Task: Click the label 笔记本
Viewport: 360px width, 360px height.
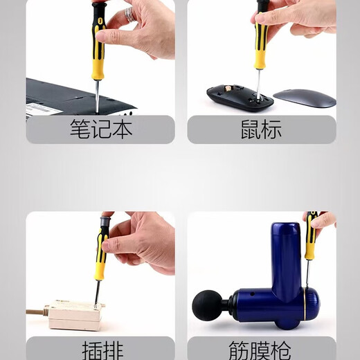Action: pos(100,129)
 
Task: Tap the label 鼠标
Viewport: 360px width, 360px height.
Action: pos(262,129)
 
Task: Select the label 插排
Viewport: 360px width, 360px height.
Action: pos(100,348)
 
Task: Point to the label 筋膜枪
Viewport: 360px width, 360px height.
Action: pos(262,348)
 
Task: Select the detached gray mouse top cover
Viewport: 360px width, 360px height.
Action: pos(304,98)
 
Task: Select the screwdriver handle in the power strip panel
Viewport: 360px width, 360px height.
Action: pos(102,249)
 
